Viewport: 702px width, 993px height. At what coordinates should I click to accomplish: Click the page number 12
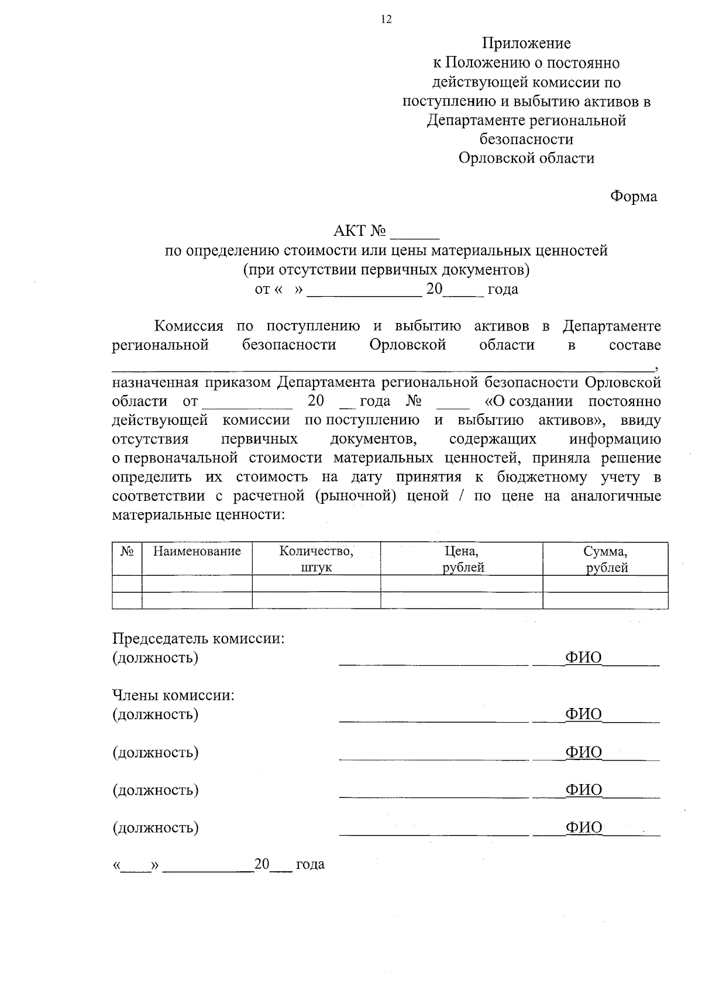click(386, 20)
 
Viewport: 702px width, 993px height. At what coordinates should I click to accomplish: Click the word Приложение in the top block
click(526, 43)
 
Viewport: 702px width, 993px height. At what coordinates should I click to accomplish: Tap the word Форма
click(634, 197)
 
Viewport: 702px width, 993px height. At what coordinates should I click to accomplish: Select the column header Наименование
click(197, 551)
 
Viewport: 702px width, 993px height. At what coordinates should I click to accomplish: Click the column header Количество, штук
click(316, 559)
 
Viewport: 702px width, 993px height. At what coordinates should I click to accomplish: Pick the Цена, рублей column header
click(462, 559)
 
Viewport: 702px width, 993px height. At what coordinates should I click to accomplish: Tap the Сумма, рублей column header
click(605, 559)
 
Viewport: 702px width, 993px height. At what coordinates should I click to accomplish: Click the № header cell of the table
click(127, 551)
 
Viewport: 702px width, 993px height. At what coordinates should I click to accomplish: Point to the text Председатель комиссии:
click(198, 638)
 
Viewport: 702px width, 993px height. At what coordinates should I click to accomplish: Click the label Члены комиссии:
click(173, 695)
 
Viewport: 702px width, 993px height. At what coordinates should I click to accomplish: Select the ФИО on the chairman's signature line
click(583, 658)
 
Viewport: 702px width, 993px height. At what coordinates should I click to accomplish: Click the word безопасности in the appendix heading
click(526, 139)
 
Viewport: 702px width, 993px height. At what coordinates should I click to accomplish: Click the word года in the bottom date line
click(310, 864)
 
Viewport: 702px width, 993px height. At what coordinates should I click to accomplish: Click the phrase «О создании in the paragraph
click(529, 401)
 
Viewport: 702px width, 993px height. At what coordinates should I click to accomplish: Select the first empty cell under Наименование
click(197, 583)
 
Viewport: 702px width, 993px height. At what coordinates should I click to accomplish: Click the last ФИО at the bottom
click(583, 828)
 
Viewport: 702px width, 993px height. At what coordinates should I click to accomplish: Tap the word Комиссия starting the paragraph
click(188, 326)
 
